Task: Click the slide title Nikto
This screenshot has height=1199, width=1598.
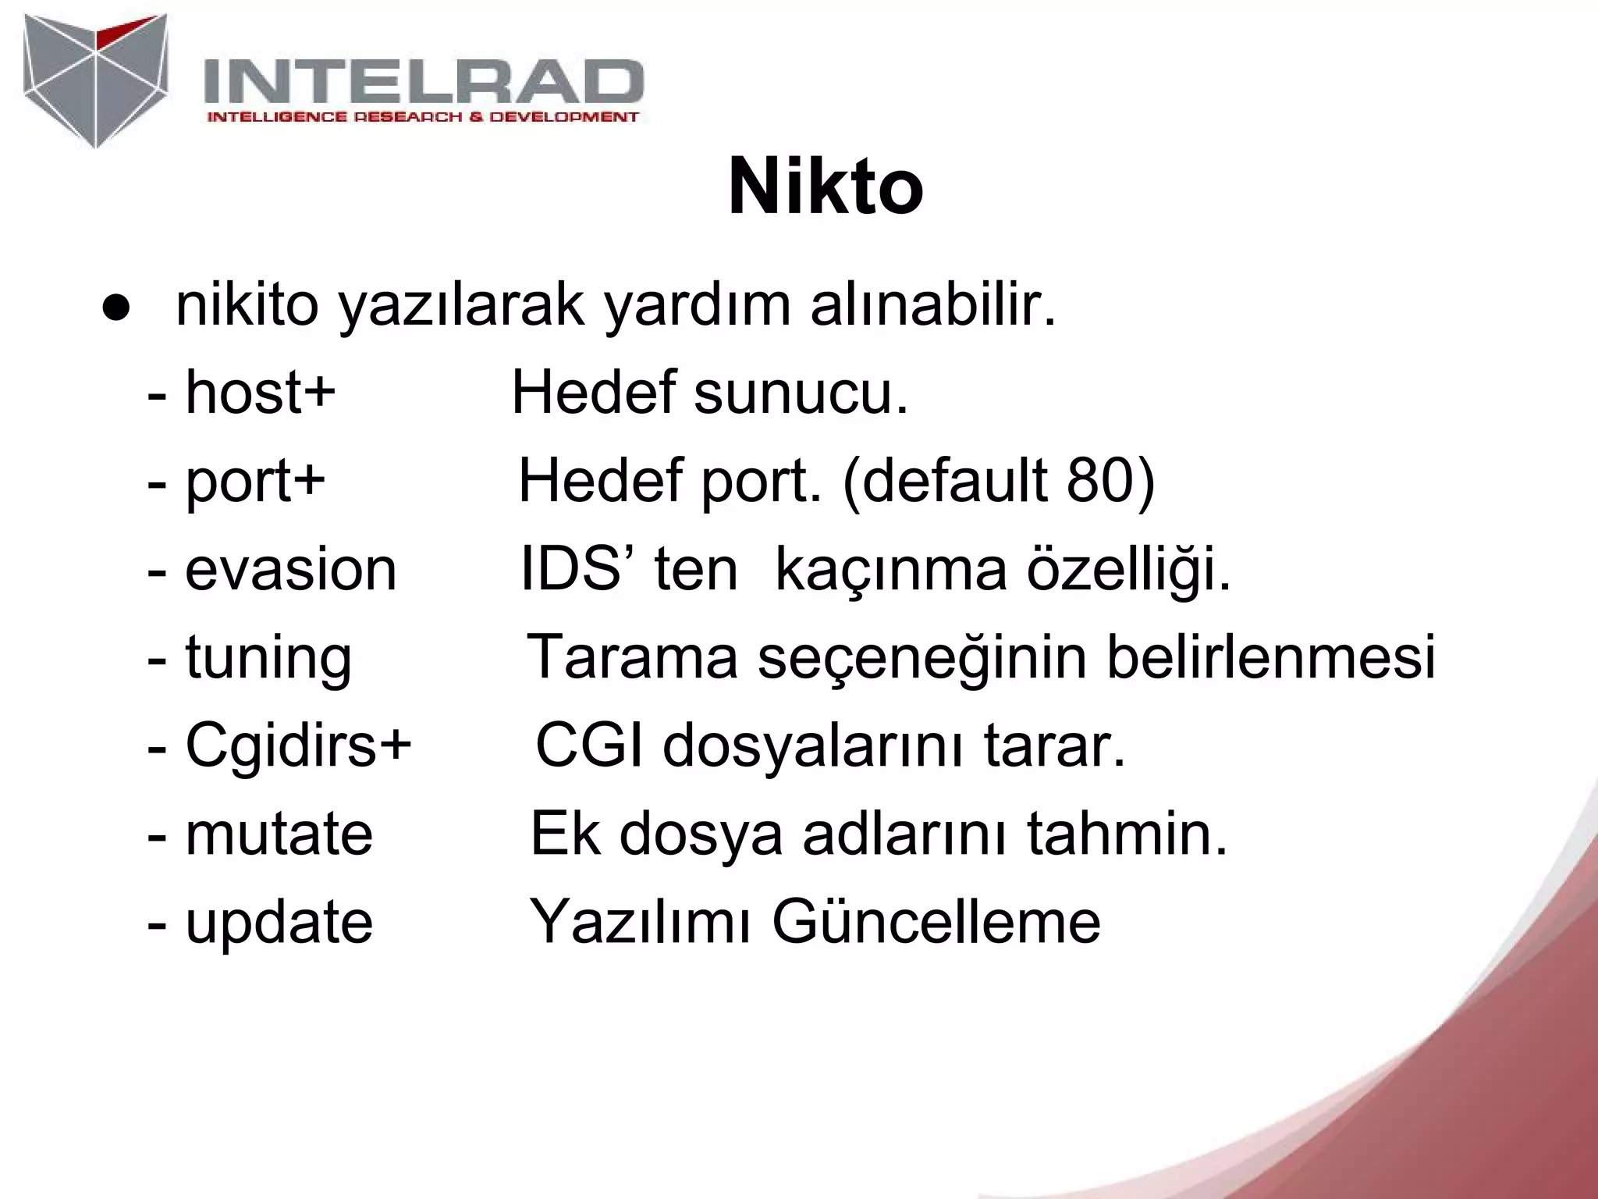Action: (826, 187)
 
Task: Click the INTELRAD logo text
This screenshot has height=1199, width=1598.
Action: (423, 82)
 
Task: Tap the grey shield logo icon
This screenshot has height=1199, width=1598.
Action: (95, 80)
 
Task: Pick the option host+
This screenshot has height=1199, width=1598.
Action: (260, 392)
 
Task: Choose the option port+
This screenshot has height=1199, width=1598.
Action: (255, 480)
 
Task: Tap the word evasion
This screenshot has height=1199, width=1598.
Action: (290, 569)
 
